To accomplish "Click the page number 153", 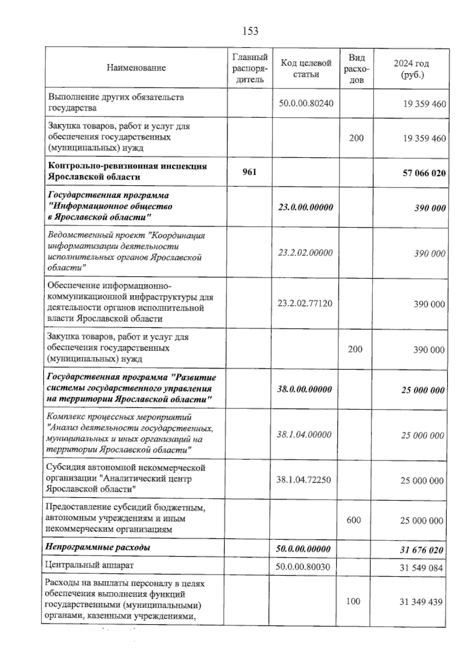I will [250, 30].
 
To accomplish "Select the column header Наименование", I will [136, 68].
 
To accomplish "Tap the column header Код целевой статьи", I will [306, 68].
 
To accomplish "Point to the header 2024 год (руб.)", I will [411, 69].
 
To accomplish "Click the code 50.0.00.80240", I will [306, 103].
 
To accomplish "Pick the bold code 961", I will [249, 172].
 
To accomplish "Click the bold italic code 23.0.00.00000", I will [305, 207].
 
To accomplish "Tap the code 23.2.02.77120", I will [305, 303].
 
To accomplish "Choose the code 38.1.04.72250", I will [304, 480].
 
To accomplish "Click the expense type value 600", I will [354, 520].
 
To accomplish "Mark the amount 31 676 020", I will [421, 549].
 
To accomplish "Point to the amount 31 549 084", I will [421, 568].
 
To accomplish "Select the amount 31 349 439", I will [421, 602].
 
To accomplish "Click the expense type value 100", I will [353, 601].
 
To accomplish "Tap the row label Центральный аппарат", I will [90, 565].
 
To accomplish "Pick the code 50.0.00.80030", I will [303, 567].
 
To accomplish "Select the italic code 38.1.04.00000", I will [304, 434].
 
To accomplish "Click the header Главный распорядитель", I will [250, 68].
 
